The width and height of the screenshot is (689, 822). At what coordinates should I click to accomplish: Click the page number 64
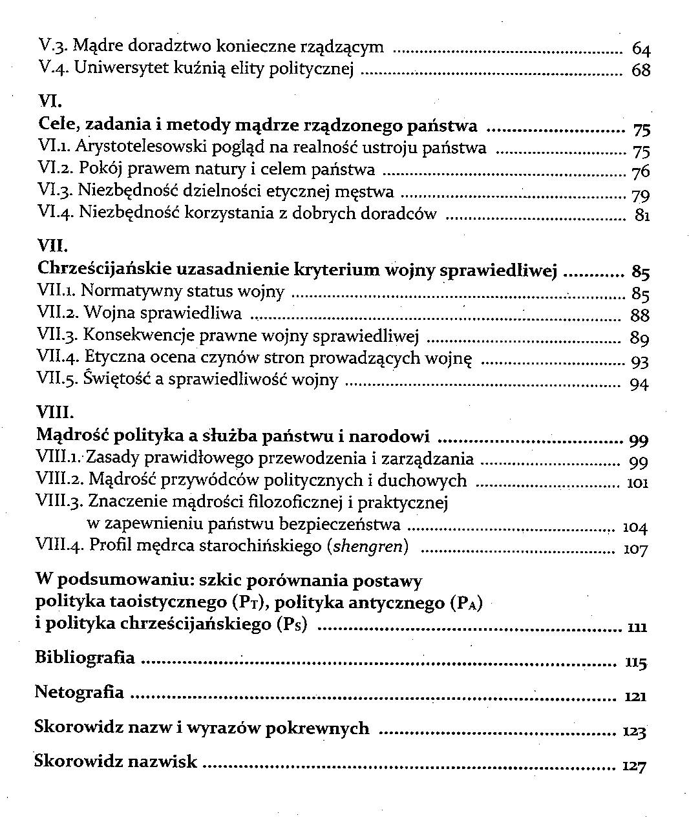(641, 50)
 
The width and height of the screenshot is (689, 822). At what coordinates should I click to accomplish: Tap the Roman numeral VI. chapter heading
(50, 102)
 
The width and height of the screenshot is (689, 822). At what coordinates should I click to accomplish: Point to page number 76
(641, 172)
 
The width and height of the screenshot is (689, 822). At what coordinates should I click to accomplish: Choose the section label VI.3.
(56, 191)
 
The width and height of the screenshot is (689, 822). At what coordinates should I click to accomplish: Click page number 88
(640, 315)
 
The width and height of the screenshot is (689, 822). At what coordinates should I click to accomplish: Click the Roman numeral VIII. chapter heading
(56, 412)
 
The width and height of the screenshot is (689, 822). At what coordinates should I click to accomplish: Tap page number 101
(637, 483)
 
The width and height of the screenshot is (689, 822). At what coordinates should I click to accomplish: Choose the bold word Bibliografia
(85, 658)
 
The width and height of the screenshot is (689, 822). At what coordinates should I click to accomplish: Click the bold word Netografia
(79, 692)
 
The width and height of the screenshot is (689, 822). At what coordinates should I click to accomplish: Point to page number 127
(634, 766)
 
